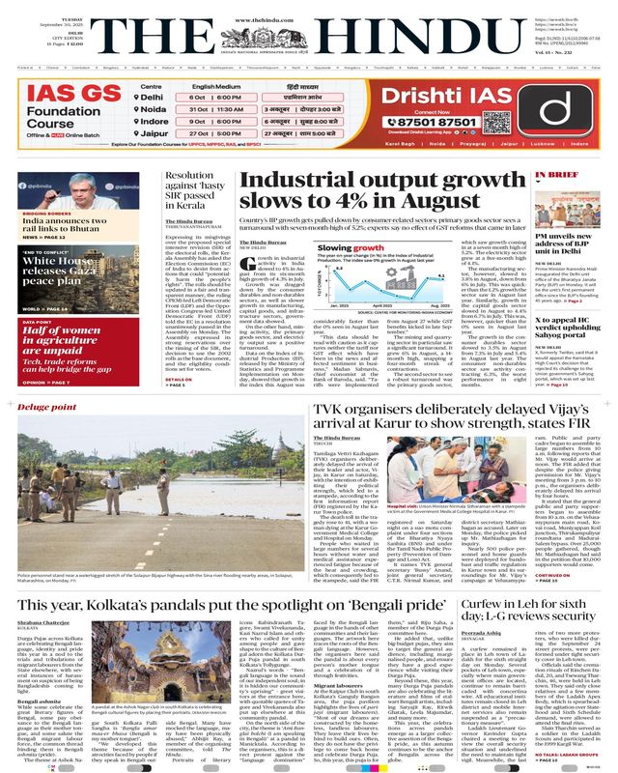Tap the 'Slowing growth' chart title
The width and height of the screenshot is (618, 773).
(x=344, y=247)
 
